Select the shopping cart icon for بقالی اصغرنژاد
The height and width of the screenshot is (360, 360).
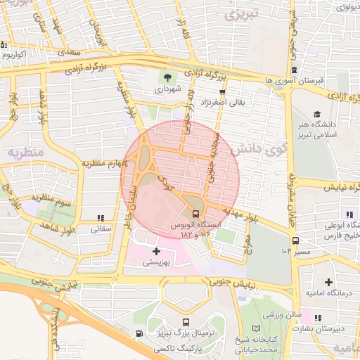(x=223, y=91)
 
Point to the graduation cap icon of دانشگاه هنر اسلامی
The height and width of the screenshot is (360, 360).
(x=317, y=114)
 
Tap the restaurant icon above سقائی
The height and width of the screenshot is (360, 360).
(x=101, y=218)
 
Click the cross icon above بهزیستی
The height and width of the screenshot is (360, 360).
(x=156, y=251)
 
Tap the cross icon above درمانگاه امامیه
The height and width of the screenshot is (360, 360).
(x=328, y=281)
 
